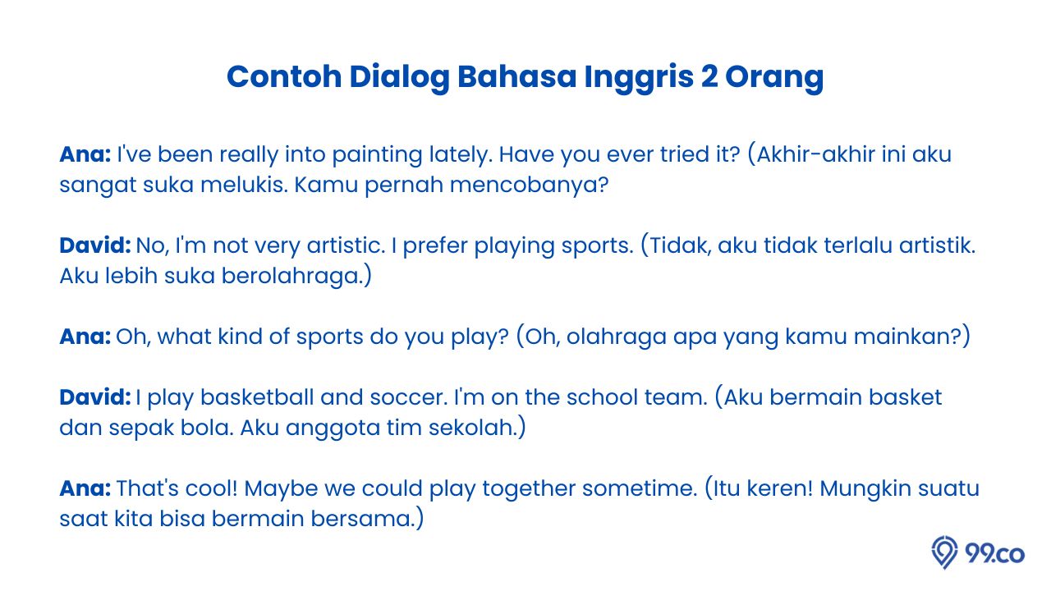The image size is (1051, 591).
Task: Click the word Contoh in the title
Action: pos(284,76)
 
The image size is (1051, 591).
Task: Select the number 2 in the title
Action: pos(710,76)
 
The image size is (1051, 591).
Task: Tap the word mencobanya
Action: pos(530,186)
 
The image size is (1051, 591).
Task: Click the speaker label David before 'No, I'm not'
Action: pos(94,245)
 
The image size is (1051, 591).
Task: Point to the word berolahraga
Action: pos(296,277)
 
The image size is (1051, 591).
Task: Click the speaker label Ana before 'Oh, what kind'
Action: pos(85,337)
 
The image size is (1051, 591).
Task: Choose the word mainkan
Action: pos(911,337)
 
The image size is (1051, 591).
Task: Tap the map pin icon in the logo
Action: pos(944,552)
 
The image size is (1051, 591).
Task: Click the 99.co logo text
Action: pos(994,553)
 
